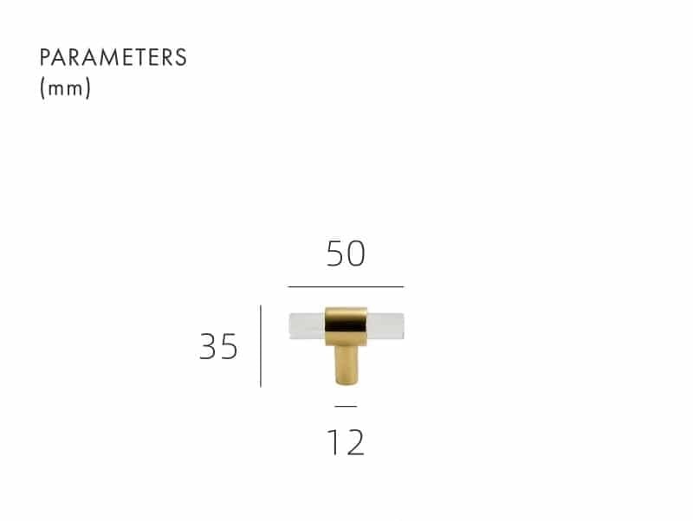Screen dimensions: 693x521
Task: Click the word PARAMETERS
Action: (x=113, y=57)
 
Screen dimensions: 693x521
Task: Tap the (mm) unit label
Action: (x=66, y=88)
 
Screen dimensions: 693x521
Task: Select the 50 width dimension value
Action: (x=346, y=254)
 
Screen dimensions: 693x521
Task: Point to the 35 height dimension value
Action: (x=218, y=346)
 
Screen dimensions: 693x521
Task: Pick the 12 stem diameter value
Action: (x=346, y=441)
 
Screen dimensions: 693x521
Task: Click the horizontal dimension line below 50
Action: (x=346, y=286)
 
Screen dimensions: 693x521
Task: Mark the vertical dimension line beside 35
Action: (x=261, y=345)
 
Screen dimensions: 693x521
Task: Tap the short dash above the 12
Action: (x=346, y=406)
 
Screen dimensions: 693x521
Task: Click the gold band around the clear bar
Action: (x=346, y=326)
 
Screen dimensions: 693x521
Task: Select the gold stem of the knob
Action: (x=346, y=365)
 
